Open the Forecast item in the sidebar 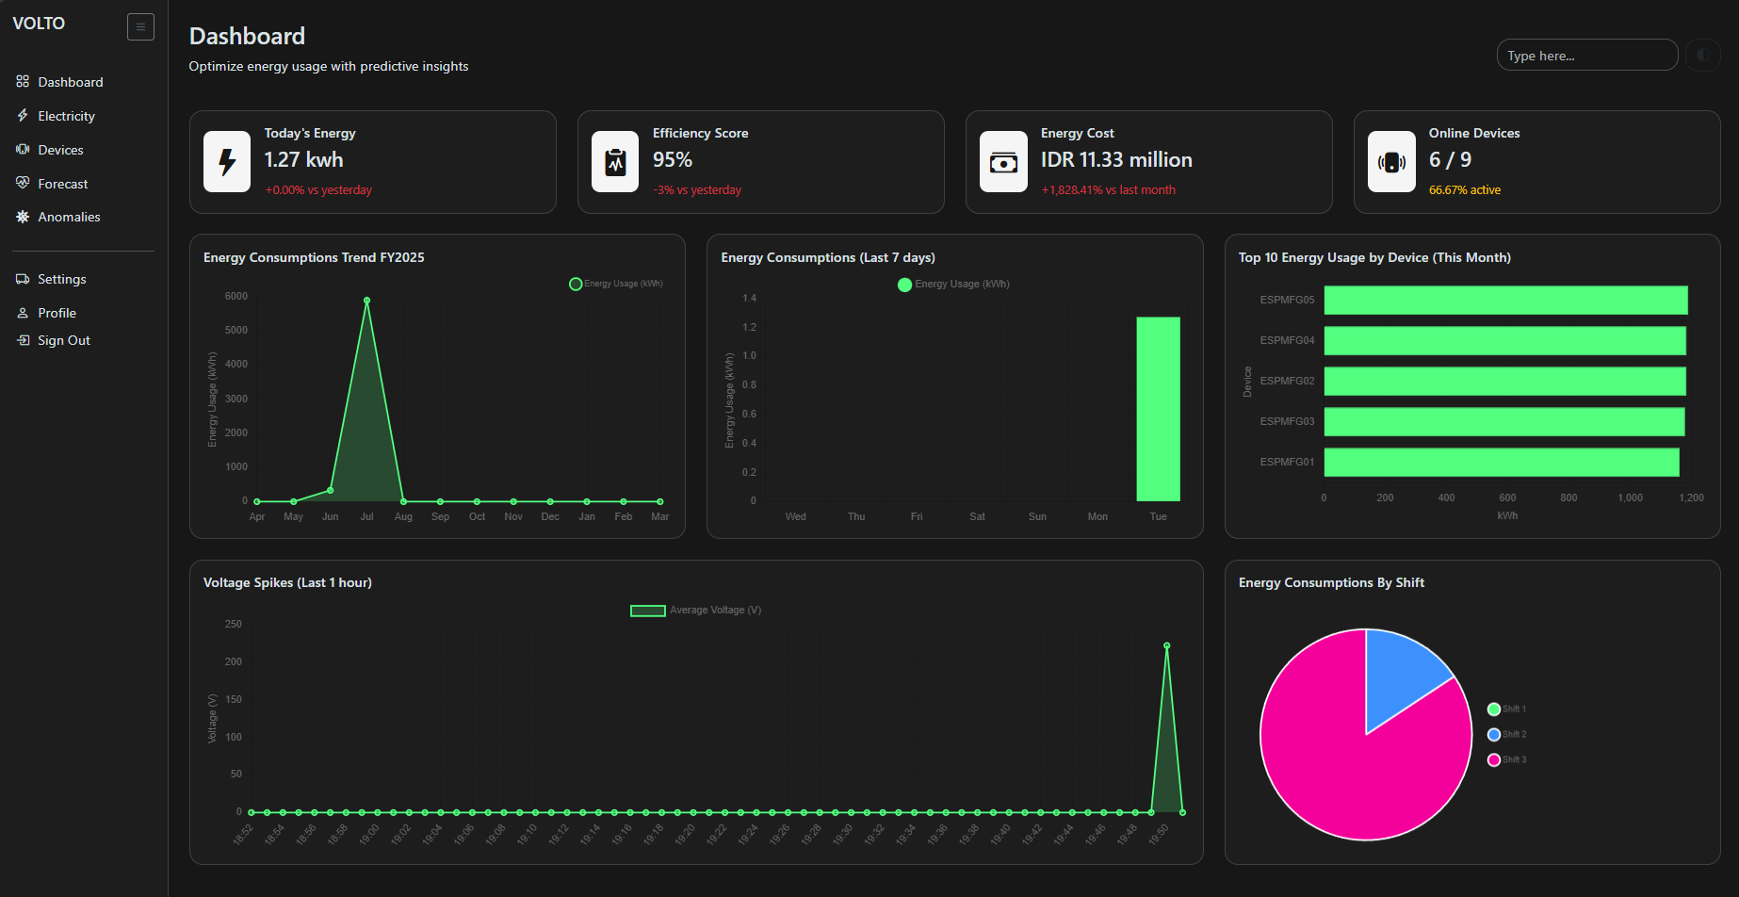tap(62, 184)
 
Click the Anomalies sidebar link tap(69, 217)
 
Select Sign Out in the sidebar tap(63, 340)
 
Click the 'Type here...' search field tap(1586, 56)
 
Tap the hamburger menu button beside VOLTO tap(140, 26)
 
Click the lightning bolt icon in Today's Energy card tap(227, 162)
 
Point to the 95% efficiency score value tap(672, 160)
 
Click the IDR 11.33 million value tap(1115, 160)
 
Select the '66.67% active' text tap(1464, 190)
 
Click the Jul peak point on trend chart tap(366, 301)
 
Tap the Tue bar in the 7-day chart tap(1158, 409)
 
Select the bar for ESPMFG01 tap(1501, 462)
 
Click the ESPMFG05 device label tap(1286, 300)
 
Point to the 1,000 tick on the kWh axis tap(1629, 497)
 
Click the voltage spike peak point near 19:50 tap(1166, 646)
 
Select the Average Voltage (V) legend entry tap(695, 611)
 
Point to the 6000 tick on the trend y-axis tap(236, 296)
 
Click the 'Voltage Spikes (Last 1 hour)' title tap(287, 582)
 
